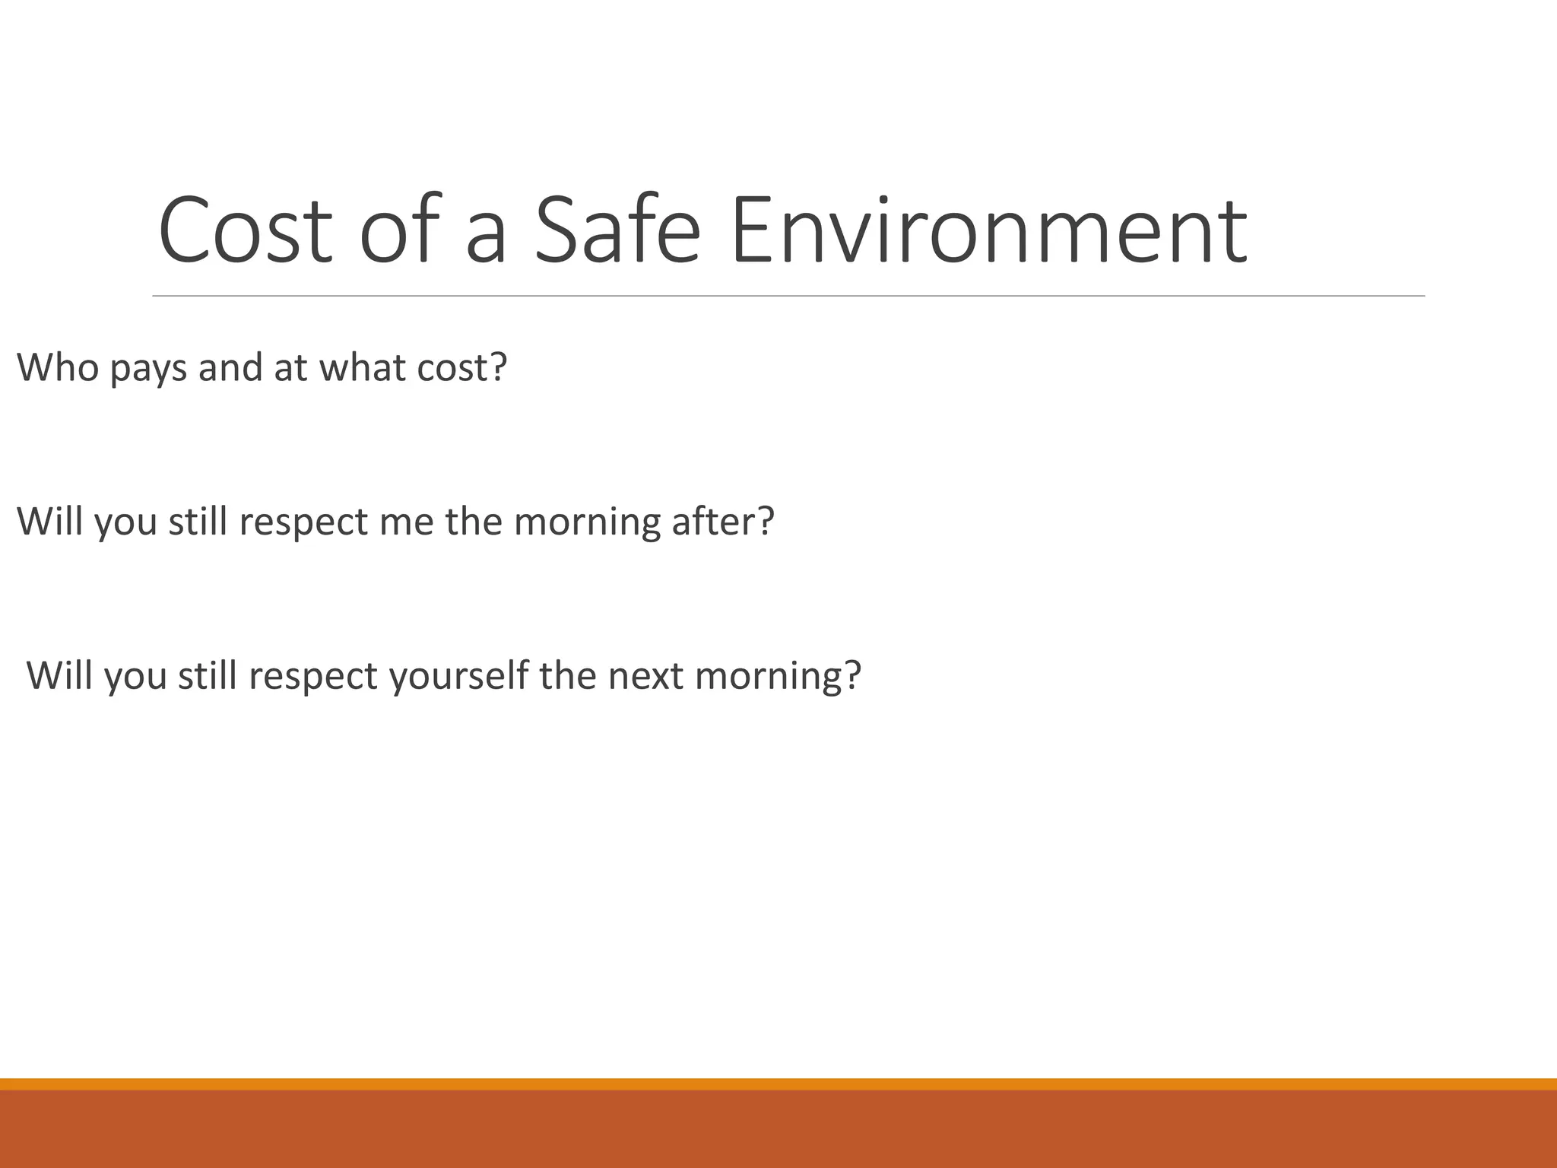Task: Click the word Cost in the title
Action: [246, 230]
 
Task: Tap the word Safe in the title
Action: [617, 230]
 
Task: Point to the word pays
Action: [148, 369]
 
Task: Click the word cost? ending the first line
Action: [461, 367]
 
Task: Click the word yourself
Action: [458, 675]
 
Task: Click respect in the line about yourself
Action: [312, 677]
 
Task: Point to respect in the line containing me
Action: [303, 523]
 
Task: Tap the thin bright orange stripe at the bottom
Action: [778, 1084]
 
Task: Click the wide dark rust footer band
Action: [778, 1129]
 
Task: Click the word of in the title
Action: [399, 230]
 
